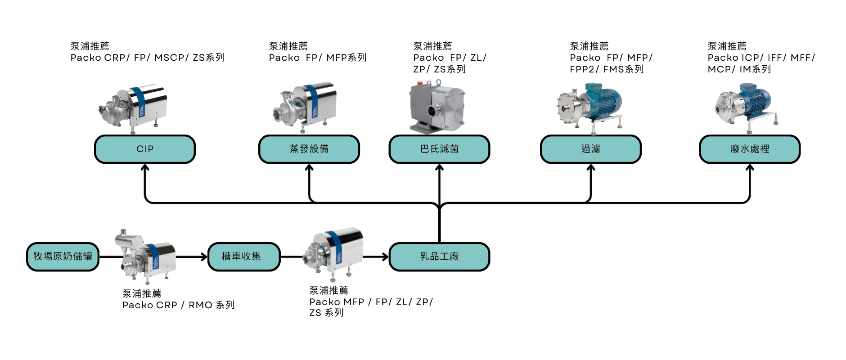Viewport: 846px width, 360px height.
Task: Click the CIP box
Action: (145, 149)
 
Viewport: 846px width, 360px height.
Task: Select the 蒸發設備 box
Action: (309, 149)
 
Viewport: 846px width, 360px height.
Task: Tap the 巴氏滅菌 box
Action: (439, 149)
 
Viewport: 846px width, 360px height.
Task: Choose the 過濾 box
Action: (591, 149)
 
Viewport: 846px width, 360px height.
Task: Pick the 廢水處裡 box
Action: (750, 149)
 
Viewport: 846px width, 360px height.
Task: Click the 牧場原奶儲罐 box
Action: (63, 256)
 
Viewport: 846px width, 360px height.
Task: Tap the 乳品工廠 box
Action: (439, 256)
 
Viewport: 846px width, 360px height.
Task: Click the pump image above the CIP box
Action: (134, 108)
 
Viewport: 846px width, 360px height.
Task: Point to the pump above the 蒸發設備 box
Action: (305, 107)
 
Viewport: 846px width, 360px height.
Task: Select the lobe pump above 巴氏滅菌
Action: (436, 106)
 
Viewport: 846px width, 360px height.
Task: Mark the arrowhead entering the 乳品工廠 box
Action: (386, 257)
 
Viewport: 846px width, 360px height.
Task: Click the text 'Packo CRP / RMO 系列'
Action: (178, 305)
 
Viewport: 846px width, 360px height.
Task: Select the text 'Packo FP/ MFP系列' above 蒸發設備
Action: (318, 58)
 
